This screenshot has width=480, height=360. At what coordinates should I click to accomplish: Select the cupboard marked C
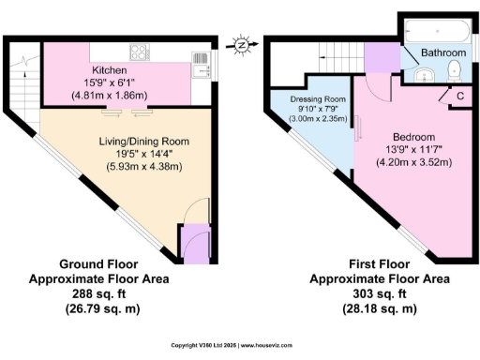(459, 96)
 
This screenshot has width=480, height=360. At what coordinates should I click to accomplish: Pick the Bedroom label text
(412, 135)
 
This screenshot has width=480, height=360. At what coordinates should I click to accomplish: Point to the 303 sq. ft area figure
(367, 293)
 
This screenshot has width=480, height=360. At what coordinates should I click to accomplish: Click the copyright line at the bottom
(239, 346)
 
